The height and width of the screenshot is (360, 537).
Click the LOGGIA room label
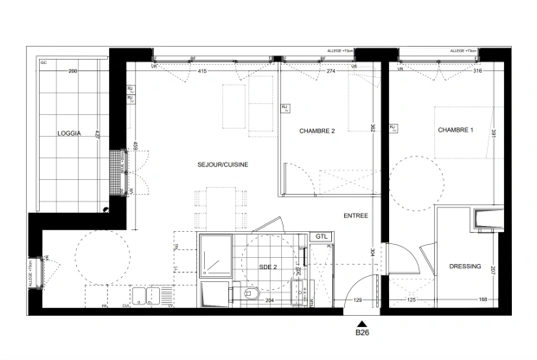(x=69, y=133)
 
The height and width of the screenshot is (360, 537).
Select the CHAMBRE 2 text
(x=316, y=131)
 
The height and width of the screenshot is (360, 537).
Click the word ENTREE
(x=355, y=215)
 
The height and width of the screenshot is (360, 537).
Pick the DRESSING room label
(x=465, y=267)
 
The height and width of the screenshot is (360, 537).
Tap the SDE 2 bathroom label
(x=268, y=267)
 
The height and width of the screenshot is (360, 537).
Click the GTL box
(x=321, y=237)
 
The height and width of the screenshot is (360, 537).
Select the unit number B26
(x=362, y=331)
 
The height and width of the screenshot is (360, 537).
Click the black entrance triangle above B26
(x=362, y=319)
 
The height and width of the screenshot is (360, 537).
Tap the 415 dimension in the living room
(x=202, y=71)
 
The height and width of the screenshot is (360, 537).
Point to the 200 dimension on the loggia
(x=73, y=71)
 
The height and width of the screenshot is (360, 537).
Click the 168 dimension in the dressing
(x=481, y=299)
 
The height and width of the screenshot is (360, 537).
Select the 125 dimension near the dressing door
(x=412, y=299)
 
